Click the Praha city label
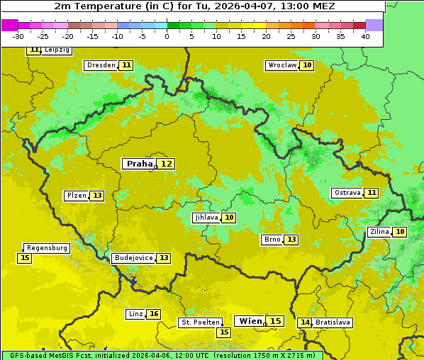(139, 164)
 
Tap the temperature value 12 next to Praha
(166, 164)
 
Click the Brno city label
(272, 240)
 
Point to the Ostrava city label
(347, 193)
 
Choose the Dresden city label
(101, 65)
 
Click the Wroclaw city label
(281, 65)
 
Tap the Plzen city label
(77, 196)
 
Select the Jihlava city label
(206, 218)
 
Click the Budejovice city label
(133, 258)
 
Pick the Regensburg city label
(48, 248)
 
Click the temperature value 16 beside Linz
(154, 314)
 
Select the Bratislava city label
(333, 322)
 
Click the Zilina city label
(379, 232)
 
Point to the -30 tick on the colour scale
(18, 36)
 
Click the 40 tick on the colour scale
(365, 36)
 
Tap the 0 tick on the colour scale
(167, 36)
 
